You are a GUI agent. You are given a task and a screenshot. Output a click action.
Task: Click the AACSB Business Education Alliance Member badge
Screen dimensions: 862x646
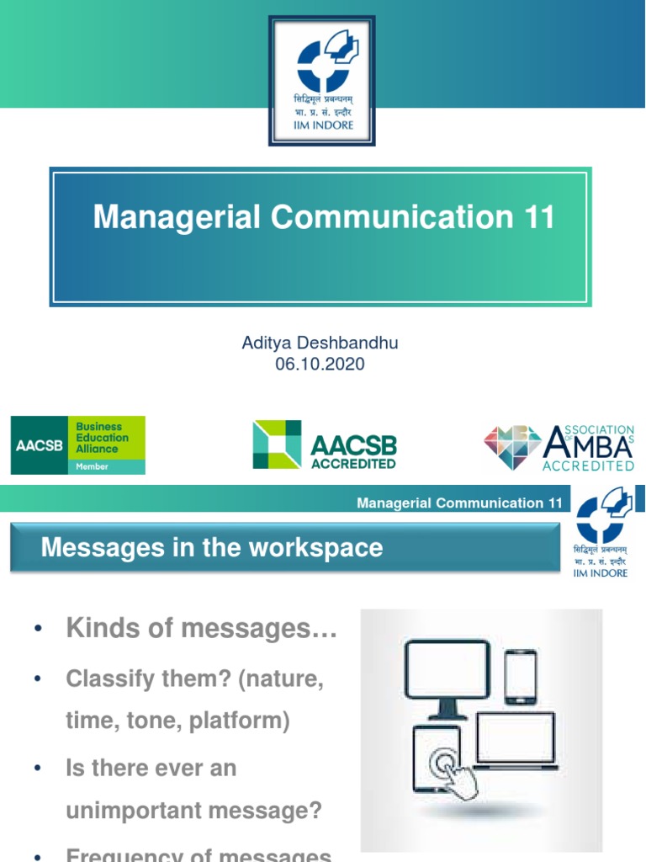click(77, 444)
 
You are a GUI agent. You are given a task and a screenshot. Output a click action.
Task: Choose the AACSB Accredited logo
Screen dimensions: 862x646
click(325, 445)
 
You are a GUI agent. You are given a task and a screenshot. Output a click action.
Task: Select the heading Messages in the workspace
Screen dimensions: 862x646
click(212, 548)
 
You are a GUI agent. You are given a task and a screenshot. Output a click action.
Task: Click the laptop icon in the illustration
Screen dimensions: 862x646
click(516, 741)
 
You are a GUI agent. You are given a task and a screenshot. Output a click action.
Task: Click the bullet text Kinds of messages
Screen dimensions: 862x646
click(201, 627)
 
